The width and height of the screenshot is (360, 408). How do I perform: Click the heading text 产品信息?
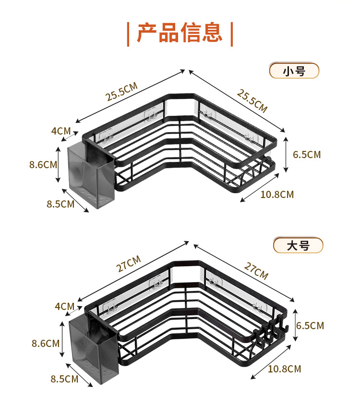[x=180, y=33]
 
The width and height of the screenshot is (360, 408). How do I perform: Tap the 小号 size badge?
[x=294, y=71]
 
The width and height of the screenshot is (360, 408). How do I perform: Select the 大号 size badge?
[x=298, y=246]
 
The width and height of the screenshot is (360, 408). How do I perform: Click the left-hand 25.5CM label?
[x=121, y=92]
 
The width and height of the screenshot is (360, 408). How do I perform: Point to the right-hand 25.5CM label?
[x=252, y=100]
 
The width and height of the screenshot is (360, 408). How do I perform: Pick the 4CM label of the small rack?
[x=61, y=131]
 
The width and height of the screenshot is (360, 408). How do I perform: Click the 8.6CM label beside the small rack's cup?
[x=43, y=164]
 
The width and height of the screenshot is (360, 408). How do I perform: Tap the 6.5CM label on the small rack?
[x=307, y=154]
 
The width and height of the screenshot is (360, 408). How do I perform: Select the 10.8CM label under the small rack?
[x=277, y=194]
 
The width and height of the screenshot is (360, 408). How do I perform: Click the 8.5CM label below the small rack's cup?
[x=60, y=204]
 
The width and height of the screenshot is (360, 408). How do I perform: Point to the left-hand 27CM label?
[x=129, y=264]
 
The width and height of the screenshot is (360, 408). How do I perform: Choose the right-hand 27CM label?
[x=256, y=271]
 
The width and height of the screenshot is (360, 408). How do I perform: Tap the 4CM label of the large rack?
[x=64, y=306]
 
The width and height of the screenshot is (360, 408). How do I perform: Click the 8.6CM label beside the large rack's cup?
[x=46, y=343]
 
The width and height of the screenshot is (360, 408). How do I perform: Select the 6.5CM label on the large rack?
[x=310, y=325]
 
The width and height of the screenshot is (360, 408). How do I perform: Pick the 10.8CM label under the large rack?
[x=284, y=369]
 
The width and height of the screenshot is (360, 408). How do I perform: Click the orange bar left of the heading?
[x=128, y=33]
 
